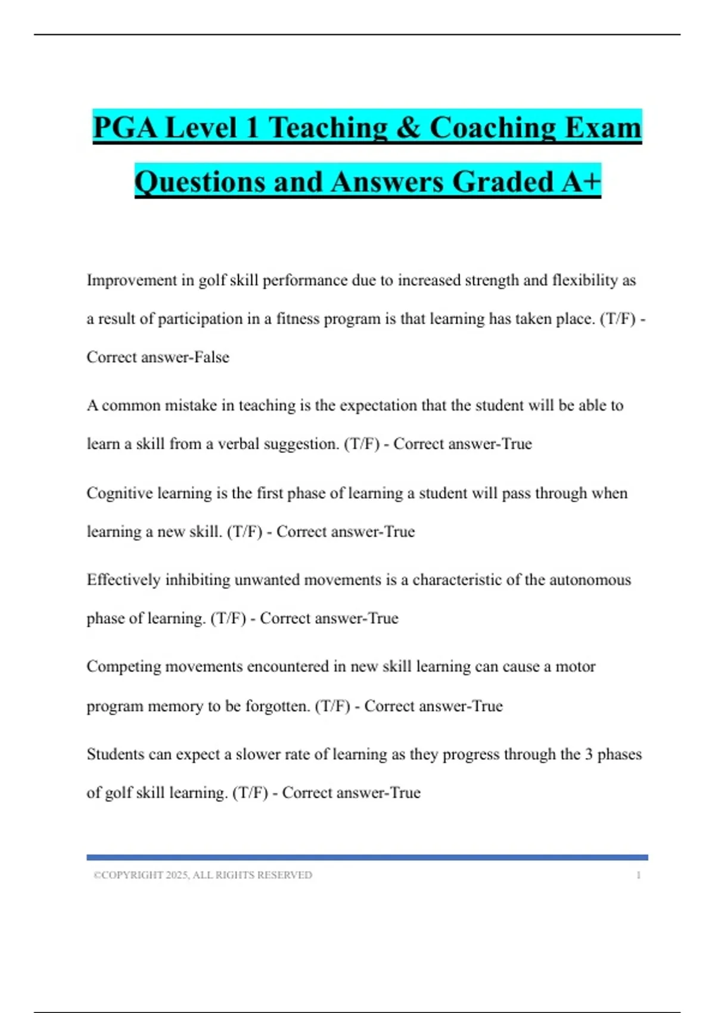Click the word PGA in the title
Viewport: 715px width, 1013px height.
125,128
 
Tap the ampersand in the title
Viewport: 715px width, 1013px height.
408,128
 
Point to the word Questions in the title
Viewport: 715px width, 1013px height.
199,182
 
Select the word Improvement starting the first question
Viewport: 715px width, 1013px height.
132,280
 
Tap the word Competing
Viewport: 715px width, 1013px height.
123,667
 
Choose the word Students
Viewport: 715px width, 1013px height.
115,754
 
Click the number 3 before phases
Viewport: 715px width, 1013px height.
589,754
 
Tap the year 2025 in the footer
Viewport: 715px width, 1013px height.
177,875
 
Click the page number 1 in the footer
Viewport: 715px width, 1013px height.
639,875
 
